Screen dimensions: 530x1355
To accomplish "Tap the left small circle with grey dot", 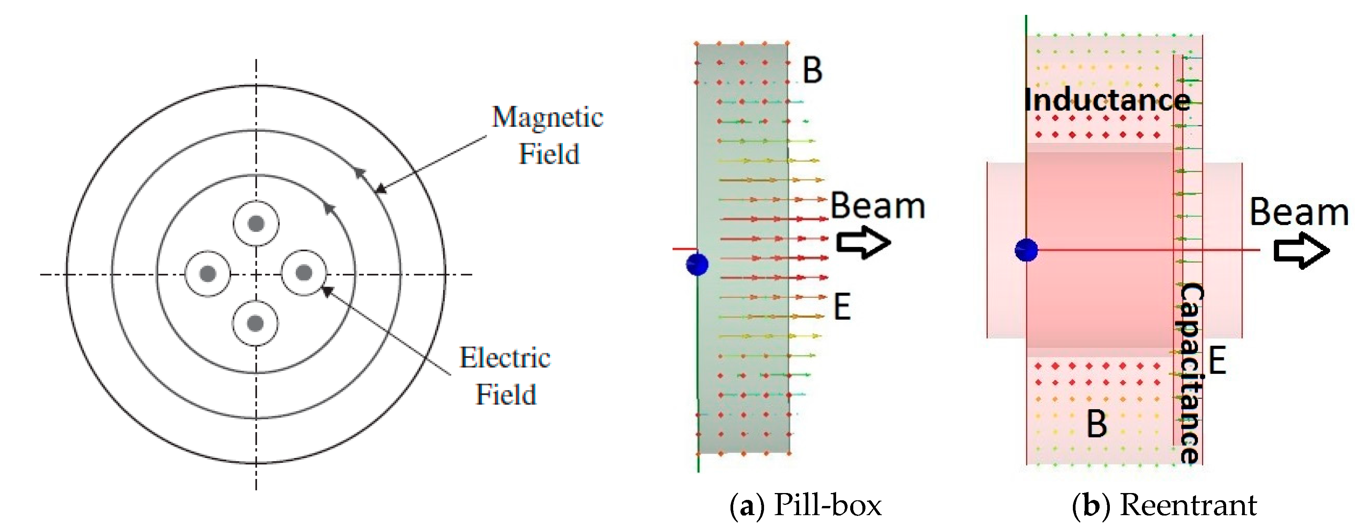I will pyautogui.click(x=208, y=274).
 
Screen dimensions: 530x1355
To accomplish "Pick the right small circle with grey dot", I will pyautogui.click(x=304, y=272).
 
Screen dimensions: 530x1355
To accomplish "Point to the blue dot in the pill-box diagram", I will pyautogui.click(x=697, y=264).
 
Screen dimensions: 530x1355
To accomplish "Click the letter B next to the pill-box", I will pyautogui.click(x=812, y=70).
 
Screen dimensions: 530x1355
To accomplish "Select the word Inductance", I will pyautogui.click(x=1107, y=100).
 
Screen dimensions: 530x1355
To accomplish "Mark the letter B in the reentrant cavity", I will pyautogui.click(x=1097, y=424).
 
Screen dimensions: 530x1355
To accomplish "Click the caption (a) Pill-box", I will pyautogui.click(x=805, y=506).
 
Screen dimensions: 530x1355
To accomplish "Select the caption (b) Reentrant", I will pyautogui.click(x=1164, y=506).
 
